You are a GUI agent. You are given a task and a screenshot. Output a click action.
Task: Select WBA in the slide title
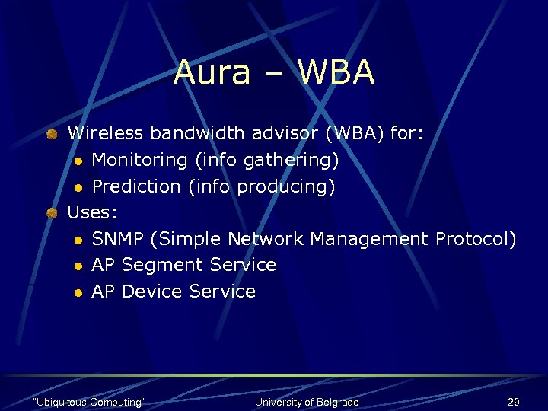pos(336,73)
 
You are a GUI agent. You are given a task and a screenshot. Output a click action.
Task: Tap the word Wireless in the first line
pos(106,134)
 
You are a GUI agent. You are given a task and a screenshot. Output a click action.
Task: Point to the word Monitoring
pos(140,161)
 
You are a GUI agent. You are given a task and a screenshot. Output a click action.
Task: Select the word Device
pos(152,292)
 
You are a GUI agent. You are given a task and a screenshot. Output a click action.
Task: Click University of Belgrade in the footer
pos(307,402)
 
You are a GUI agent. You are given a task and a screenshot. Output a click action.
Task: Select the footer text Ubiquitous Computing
pos(89,402)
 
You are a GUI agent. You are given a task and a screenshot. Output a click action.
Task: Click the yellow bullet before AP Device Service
pos(78,292)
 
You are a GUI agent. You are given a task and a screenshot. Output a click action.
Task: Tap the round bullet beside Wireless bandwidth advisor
pos(51,134)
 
